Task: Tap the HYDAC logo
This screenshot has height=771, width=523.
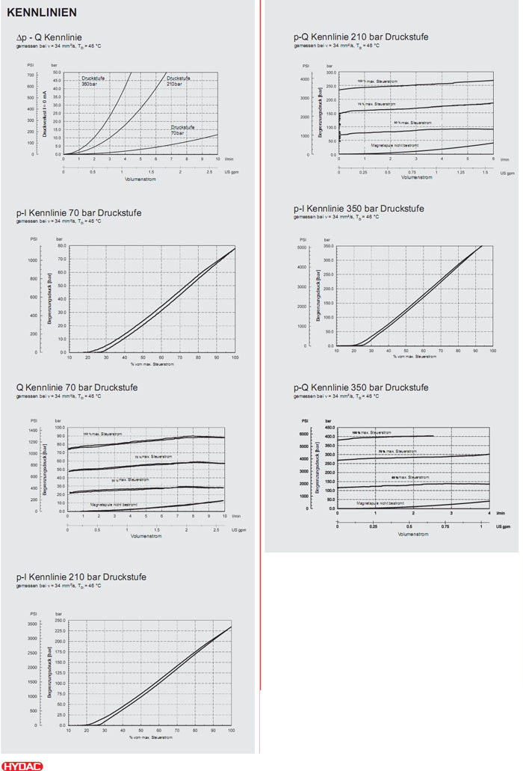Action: (22, 765)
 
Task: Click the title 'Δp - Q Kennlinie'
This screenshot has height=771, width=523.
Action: (49, 37)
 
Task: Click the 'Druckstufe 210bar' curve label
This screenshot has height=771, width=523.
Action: (179, 80)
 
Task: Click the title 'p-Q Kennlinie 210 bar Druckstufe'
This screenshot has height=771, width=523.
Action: (361, 37)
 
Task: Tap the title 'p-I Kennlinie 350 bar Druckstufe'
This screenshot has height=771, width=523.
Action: (359, 209)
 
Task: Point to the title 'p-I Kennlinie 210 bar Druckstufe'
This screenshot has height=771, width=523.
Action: (81, 577)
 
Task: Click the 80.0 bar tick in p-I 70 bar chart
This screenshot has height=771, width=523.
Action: (61, 245)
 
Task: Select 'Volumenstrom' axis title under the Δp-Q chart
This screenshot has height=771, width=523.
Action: (140, 179)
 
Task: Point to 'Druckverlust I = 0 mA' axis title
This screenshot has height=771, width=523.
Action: (43, 117)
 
